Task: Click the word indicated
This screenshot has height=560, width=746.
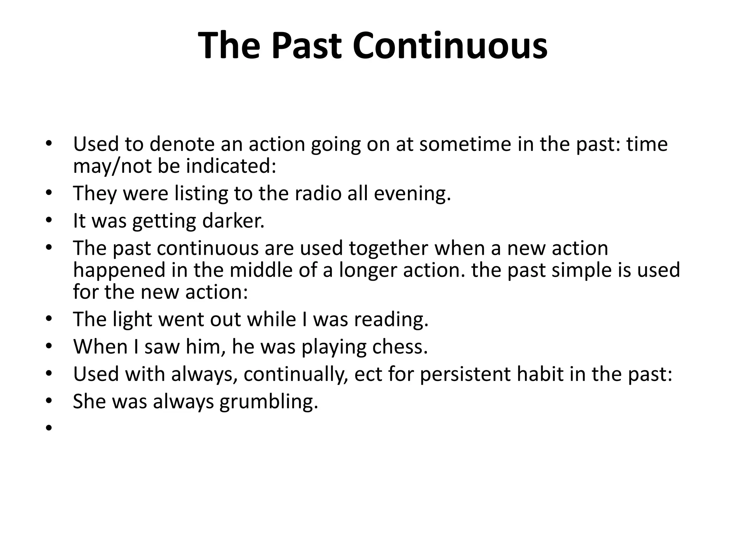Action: (231, 166)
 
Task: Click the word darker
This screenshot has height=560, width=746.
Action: (233, 221)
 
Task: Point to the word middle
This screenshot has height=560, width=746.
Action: (261, 270)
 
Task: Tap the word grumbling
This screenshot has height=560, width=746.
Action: (269, 402)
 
